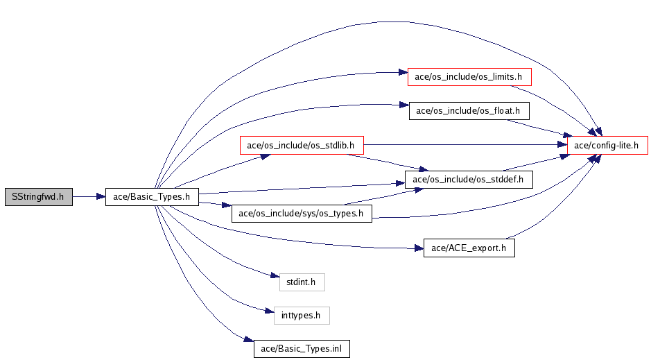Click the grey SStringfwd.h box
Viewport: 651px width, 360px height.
[39, 197]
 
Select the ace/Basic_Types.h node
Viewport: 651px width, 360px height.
[152, 197]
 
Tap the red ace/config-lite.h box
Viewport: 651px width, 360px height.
[608, 146]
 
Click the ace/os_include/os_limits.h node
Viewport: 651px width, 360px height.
[469, 77]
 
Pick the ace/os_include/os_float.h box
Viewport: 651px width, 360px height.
[469, 111]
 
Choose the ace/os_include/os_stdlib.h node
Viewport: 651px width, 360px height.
[302, 146]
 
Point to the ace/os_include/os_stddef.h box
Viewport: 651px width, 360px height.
[469, 180]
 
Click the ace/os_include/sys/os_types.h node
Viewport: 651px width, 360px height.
[302, 214]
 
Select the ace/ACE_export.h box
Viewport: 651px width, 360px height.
[469, 248]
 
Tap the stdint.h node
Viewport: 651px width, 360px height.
[302, 282]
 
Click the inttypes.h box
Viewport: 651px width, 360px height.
[302, 316]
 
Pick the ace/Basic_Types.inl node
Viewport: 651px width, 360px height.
[302, 349]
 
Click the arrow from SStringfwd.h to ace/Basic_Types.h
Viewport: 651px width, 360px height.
[89, 197]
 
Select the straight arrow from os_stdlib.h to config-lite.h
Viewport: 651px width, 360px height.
[465, 145]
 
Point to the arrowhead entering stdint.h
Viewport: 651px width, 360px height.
[275, 275]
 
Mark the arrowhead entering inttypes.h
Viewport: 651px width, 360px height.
[270, 311]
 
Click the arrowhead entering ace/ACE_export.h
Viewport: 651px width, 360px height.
[419, 248]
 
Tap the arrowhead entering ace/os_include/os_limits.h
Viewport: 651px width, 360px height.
[403, 72]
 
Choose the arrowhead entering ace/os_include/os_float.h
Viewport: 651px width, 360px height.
[404, 105]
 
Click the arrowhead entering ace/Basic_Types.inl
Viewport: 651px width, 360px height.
[249, 339]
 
